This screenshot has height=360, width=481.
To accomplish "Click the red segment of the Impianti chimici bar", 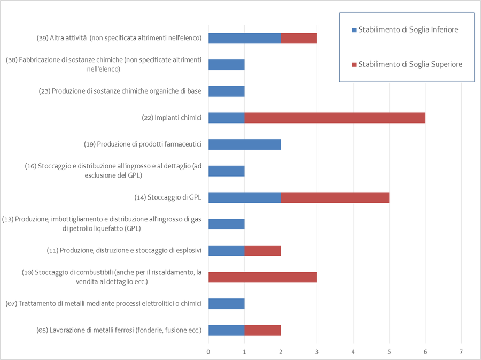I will (x=335, y=118).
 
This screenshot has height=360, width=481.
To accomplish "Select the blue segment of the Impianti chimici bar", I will (x=226, y=118).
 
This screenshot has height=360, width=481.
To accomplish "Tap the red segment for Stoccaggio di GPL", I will (x=335, y=197).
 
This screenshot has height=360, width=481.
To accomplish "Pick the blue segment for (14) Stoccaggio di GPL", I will (x=244, y=197).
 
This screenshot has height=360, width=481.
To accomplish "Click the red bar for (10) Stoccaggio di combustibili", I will (x=262, y=277).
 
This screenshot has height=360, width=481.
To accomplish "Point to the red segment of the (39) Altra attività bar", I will (x=299, y=38).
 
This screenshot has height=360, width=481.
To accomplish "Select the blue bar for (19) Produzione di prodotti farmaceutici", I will (x=244, y=144).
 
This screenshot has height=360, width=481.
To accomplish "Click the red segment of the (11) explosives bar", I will (x=262, y=250).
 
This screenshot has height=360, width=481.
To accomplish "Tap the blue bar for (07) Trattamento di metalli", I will (x=226, y=304).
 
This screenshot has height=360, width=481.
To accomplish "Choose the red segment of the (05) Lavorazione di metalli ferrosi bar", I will (x=262, y=330).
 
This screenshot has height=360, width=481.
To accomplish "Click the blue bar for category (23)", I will (x=226, y=91).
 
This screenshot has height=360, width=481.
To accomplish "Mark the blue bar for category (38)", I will (x=226, y=65).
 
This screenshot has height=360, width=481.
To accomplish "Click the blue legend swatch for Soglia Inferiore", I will (x=354, y=30).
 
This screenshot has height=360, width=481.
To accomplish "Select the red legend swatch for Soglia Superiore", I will (x=354, y=64).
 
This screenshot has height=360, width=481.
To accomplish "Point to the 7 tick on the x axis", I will (x=461, y=351).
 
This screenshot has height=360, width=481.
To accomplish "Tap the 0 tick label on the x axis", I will (x=208, y=351).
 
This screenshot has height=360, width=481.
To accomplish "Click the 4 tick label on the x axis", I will (x=353, y=351).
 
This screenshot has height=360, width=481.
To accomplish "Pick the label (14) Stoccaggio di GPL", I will (x=168, y=197).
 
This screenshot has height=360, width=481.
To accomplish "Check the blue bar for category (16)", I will (x=226, y=171).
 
